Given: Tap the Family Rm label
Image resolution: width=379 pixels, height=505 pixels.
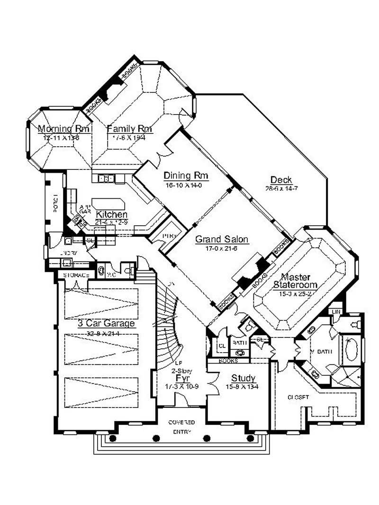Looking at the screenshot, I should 129,128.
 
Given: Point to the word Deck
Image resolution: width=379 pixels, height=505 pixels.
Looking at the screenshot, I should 281,180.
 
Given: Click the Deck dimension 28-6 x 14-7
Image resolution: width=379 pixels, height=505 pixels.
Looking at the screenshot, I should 281,188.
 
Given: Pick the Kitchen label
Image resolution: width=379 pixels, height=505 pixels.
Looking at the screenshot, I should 111,214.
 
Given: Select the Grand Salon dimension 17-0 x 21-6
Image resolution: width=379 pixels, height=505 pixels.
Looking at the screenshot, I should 222,248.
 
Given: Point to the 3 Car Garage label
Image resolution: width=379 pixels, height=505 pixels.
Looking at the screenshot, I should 107,324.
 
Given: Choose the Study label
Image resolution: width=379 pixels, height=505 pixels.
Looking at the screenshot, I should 244,378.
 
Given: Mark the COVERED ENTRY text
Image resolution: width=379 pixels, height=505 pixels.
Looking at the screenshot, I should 182,425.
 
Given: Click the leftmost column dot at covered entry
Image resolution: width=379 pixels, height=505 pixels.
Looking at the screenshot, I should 113,438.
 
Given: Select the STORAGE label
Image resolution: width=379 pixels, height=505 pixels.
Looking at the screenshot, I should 73,275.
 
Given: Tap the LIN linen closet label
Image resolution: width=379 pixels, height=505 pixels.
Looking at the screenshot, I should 335,311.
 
